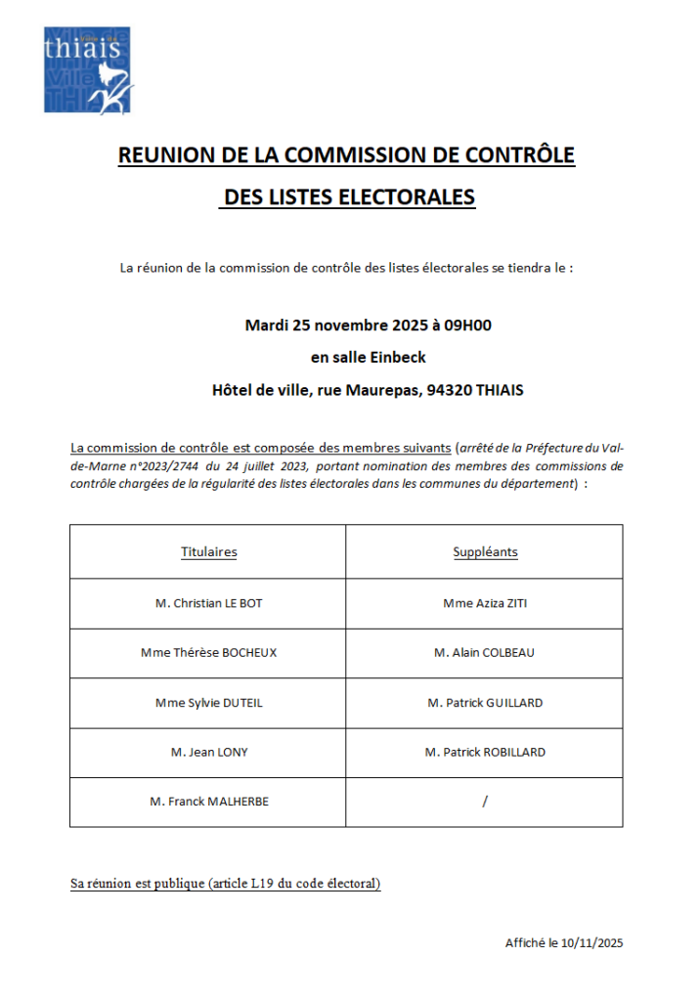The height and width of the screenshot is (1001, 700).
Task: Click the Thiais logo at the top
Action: click(87, 69)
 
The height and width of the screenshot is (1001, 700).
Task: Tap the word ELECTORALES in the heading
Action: click(406, 197)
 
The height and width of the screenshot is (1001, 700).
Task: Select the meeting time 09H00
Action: click(467, 325)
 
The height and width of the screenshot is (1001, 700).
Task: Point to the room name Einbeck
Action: click(398, 357)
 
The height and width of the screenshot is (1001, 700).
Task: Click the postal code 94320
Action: click(449, 389)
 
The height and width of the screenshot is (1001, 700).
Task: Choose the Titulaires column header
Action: click(208, 552)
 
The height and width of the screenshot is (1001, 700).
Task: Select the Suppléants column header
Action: click(485, 552)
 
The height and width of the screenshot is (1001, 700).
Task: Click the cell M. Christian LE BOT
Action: click(208, 603)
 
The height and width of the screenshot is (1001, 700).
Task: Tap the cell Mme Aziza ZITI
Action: click(485, 603)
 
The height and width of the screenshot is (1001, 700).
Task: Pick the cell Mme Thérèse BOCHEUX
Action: click(208, 652)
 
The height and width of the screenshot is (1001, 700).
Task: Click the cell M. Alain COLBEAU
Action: click(485, 652)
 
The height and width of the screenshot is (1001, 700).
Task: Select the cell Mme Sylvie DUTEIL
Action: click(208, 702)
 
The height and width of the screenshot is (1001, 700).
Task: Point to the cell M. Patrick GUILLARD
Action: click(485, 702)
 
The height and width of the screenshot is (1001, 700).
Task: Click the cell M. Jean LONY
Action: click(208, 752)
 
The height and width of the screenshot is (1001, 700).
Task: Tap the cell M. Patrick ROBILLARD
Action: click(485, 752)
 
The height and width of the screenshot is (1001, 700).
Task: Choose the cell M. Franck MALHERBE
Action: click(208, 802)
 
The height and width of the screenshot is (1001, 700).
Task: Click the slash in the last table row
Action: click(485, 802)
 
